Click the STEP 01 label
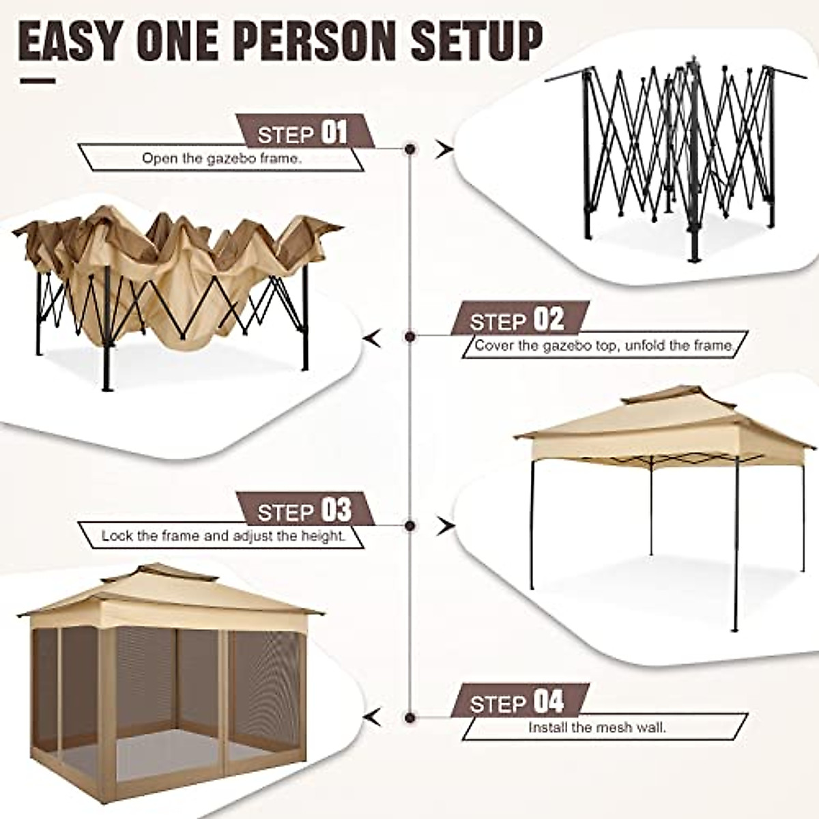304,132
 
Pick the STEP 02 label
517,319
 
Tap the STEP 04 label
517,701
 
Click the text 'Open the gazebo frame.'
222,158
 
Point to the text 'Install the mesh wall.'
597,728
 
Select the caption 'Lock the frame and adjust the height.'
223,536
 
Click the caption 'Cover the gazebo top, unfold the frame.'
604,345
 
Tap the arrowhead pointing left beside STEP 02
372,336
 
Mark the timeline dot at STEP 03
410,526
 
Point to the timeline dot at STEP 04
410,717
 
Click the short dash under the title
38,81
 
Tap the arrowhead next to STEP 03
446,526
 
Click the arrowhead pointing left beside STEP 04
372,717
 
